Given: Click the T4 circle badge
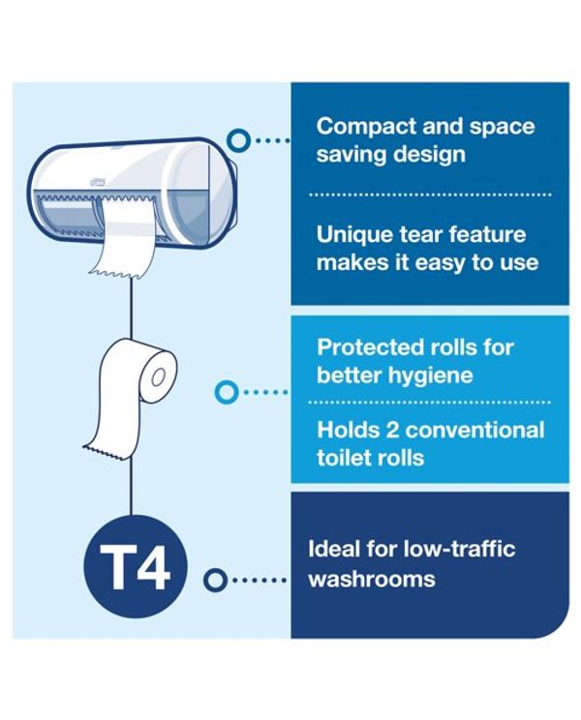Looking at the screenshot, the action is (x=136, y=566).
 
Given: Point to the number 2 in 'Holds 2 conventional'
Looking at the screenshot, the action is (x=392, y=431).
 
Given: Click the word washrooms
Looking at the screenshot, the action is (x=372, y=579).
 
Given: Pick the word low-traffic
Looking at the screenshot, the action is (x=459, y=549).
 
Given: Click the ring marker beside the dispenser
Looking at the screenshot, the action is (x=238, y=139).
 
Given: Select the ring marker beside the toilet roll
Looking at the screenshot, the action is (x=227, y=392).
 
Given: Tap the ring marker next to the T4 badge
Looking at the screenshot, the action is (x=215, y=580).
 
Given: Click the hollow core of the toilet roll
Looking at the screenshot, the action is (x=158, y=377).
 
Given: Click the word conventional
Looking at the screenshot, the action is (x=474, y=431).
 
